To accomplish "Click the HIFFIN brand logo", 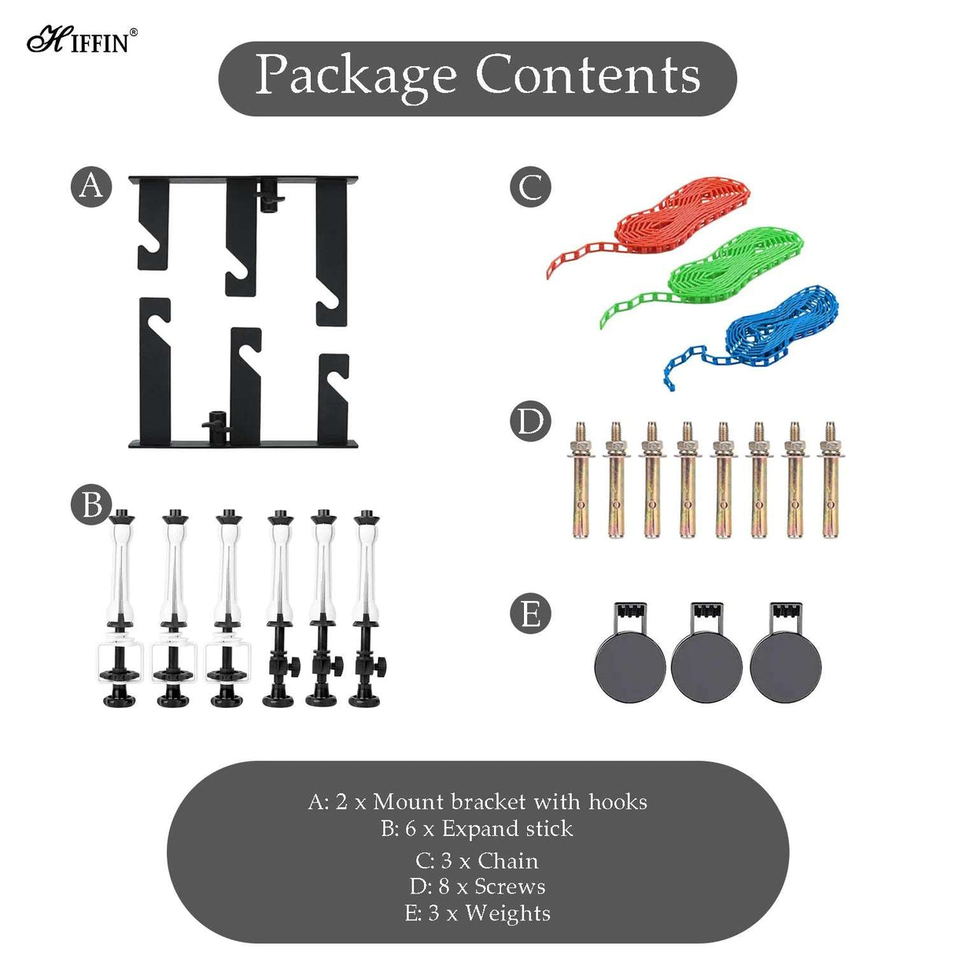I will [x=82, y=39].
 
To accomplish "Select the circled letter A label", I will [x=91, y=186].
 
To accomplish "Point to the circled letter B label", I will [x=91, y=504].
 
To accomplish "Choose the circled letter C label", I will [x=530, y=187].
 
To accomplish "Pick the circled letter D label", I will [x=530, y=422].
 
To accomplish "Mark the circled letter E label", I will [x=530, y=614].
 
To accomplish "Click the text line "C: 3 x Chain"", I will [x=477, y=861].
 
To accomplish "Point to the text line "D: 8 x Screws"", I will [x=477, y=887].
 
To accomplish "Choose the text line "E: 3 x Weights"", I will [x=477, y=913].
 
